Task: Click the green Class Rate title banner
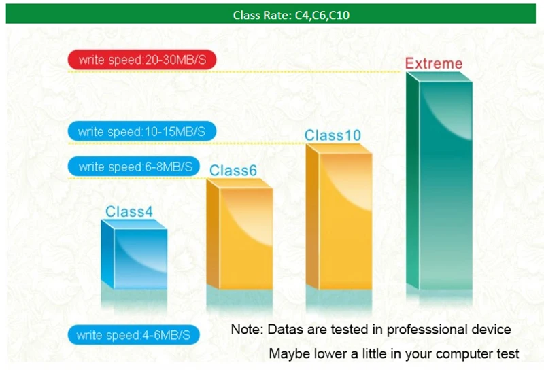(x=271, y=14)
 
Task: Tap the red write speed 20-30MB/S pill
(x=142, y=60)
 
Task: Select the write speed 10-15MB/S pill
(x=142, y=131)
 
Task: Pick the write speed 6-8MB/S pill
(x=133, y=167)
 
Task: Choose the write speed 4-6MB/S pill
(x=133, y=335)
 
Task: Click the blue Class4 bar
(x=134, y=254)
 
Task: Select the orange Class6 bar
(x=239, y=234)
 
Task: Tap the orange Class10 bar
(x=339, y=216)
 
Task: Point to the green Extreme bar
(x=439, y=181)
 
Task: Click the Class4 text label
(x=129, y=211)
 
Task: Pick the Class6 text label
(x=233, y=170)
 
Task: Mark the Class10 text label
(x=333, y=135)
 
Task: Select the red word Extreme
(x=434, y=63)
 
